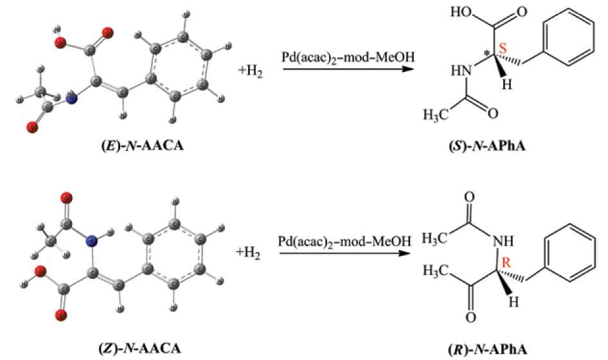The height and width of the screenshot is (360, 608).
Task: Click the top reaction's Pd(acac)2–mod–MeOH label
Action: pyautogui.click(x=348, y=58)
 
